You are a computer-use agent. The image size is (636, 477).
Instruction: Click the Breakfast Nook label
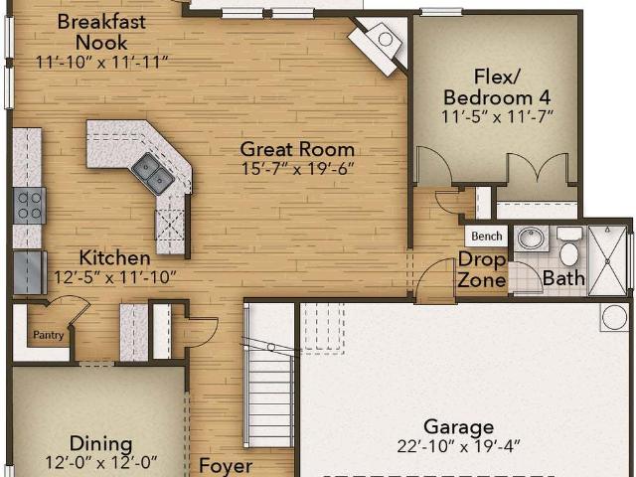pyautogui.click(x=101, y=32)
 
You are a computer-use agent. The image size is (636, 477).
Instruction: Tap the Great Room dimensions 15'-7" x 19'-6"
pyautogui.click(x=298, y=169)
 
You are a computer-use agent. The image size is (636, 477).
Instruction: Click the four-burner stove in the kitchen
pyautogui.click(x=29, y=206)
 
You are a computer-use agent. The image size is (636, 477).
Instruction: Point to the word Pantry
pyautogui.click(x=49, y=335)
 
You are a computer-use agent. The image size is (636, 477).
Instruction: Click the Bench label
pyautogui.click(x=486, y=237)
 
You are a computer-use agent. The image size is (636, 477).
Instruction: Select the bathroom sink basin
pyautogui.click(x=532, y=238)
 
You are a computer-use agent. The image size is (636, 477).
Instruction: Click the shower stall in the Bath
pyautogui.click(x=607, y=260)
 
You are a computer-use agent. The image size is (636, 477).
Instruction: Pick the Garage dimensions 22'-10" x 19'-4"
pyautogui.click(x=459, y=446)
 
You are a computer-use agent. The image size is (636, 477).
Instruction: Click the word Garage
pyautogui.click(x=459, y=427)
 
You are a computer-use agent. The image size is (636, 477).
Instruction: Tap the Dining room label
pyautogui.click(x=101, y=443)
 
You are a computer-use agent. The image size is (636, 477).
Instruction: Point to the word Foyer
pyautogui.click(x=226, y=466)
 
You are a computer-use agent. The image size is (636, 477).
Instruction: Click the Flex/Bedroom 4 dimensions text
pyautogui.click(x=497, y=117)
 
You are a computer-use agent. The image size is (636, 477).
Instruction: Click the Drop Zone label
pyautogui.click(x=482, y=269)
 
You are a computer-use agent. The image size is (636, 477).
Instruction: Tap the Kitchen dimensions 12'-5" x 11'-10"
pyautogui.click(x=115, y=277)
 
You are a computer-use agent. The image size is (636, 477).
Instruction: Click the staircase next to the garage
pyautogui.click(x=269, y=376)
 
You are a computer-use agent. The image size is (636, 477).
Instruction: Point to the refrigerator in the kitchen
pyautogui.click(x=29, y=272)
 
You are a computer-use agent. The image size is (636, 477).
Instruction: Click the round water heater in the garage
pyautogui.click(x=614, y=317)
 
